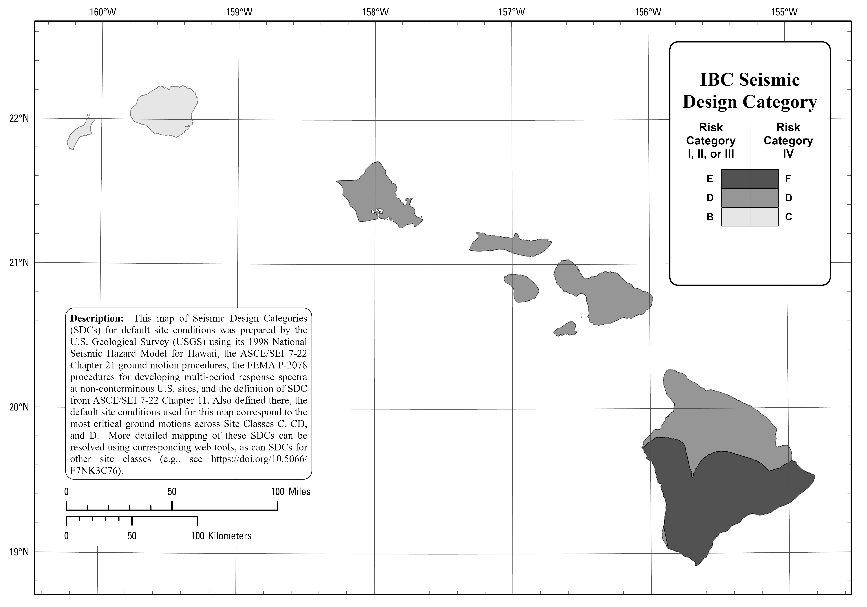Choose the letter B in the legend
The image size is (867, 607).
click(710, 217)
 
